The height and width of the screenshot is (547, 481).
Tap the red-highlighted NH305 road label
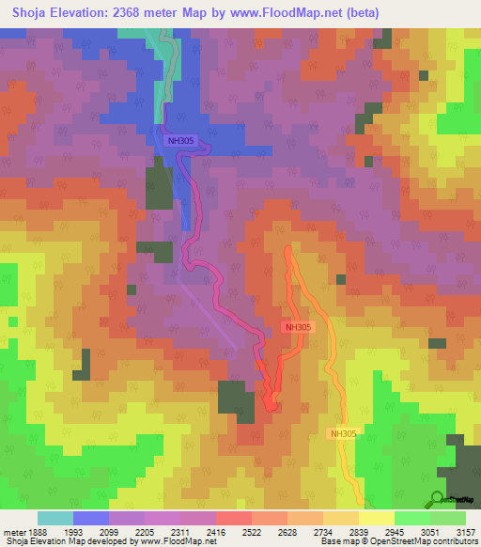pyautogui.click(x=298, y=327)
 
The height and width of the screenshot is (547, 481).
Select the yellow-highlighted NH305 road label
pyautogui.click(x=343, y=433)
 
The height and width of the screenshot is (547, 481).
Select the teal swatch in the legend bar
pyautogui.click(x=55, y=518)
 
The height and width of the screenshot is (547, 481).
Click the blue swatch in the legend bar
pyautogui.click(x=91, y=518)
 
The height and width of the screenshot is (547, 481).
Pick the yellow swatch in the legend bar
pyautogui.click(x=377, y=518)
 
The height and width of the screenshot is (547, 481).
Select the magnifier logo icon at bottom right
pyautogui.click(x=438, y=499)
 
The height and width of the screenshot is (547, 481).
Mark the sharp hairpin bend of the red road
pyautogui.click(x=271, y=407)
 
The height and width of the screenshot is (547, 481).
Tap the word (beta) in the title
pyautogui.click(x=394, y=13)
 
